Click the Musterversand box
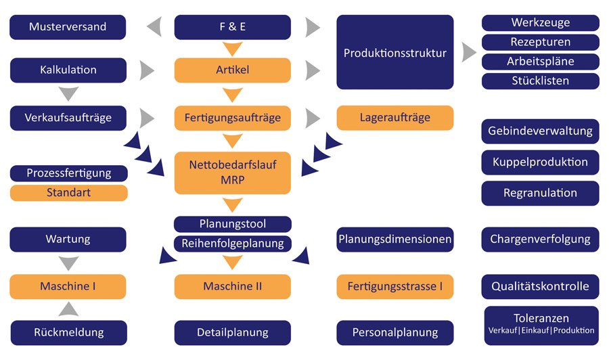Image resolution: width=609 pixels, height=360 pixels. coord(68,28)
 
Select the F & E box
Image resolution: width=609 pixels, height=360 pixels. coord(233,28)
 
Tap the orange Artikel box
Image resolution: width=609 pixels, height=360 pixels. coord(233,70)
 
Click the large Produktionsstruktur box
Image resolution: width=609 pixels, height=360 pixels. coord(395,53)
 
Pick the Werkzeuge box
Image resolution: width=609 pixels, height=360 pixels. coord(540,22)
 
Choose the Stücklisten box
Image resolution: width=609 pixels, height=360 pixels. coord(540,81)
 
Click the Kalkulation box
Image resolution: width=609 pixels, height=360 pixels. coord(68,70)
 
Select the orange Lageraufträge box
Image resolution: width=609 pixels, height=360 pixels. coord(395,118)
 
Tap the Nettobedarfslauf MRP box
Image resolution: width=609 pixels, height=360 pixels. coord(233,173)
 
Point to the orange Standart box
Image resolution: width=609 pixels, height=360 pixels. coord(68,193)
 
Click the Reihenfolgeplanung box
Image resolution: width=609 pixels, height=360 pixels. coord(233,244)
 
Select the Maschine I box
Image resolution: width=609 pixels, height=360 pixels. coord(68,286)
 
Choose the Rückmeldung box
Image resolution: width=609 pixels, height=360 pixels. coord(68,332)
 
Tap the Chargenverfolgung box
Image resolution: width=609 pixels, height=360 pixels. coord(540,239)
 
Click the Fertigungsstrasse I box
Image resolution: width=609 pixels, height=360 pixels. coord(395,286)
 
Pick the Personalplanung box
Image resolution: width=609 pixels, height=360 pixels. coord(395,332)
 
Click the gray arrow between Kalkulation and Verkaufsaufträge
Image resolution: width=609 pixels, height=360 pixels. coord(68,93)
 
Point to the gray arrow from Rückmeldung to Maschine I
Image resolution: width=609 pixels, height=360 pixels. coord(68,309)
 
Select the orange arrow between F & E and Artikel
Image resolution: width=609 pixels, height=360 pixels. coord(233,49)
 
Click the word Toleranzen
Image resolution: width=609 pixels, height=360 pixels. coord(540,318)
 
